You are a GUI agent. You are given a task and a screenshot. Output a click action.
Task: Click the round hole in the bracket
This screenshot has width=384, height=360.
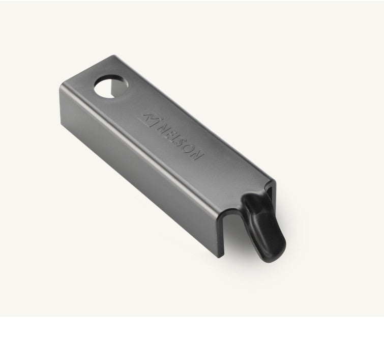click(x=111, y=87)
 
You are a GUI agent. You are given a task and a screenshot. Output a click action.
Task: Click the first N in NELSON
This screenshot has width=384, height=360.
click(x=162, y=127)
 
